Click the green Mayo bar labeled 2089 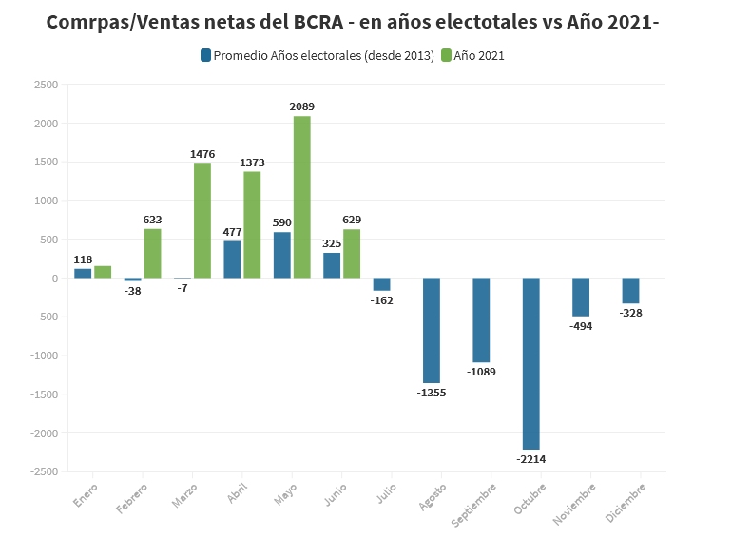(301, 197)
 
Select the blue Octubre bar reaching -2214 (531, 363)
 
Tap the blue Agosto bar (432, 330)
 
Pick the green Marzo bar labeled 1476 (202, 221)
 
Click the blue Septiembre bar (481, 319)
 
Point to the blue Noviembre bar (581, 297)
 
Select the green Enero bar (103, 272)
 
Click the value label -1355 (432, 393)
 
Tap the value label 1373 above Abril (252, 163)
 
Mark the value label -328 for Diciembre (631, 313)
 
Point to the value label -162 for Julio (382, 300)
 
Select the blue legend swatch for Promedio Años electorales (206, 56)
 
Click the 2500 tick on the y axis (46, 86)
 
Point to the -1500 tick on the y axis (43, 394)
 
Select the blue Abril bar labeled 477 (232, 259)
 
